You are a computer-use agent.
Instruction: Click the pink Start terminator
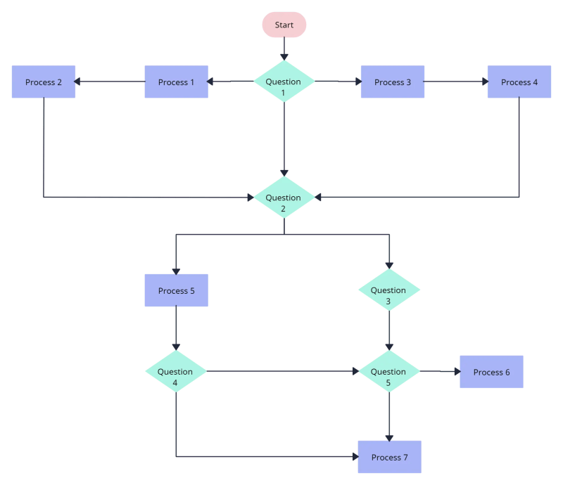coord(284,25)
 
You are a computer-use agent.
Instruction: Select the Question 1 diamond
coord(284,82)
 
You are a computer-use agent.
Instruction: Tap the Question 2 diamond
coord(284,198)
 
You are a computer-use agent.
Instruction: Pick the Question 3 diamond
coord(389,290)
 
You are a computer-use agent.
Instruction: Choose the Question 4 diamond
coord(176,371)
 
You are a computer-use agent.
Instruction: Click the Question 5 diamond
coord(389,371)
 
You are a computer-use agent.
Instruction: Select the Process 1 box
coord(176,82)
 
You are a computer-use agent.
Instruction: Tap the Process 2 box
coord(44,82)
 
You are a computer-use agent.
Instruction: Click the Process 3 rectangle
coord(393,82)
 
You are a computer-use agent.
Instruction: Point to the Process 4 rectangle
coord(519,82)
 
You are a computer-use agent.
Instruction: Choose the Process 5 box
coord(176,291)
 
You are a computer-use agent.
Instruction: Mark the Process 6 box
coord(491,372)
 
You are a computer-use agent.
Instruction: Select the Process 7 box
coord(389,457)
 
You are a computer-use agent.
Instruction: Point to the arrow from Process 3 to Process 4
coord(456,82)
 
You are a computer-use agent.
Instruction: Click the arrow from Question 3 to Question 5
coord(389,330)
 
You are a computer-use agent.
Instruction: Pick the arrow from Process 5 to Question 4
coord(176,328)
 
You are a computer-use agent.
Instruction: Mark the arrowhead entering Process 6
coord(455,372)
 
